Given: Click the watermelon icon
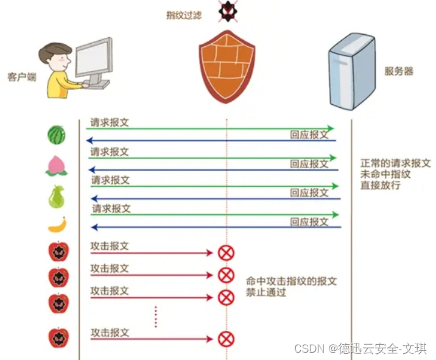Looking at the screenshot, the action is coord(57,135).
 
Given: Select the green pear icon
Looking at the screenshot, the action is coord(57,196).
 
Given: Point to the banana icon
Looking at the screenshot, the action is coord(57,225).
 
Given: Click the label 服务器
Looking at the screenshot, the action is coord(399,71).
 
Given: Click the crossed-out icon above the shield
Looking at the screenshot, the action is coord(227,10).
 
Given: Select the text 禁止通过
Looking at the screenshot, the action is coord(266,292).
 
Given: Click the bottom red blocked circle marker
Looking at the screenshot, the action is coord(226,339).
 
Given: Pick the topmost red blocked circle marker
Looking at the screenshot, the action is coord(226,253).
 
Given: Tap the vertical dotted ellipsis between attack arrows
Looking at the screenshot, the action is coord(156,316).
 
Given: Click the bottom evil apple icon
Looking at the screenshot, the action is coord(58,337).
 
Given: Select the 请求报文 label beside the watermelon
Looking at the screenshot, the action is coord(110,122).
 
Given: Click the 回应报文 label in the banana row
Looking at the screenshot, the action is coord(309,222).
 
